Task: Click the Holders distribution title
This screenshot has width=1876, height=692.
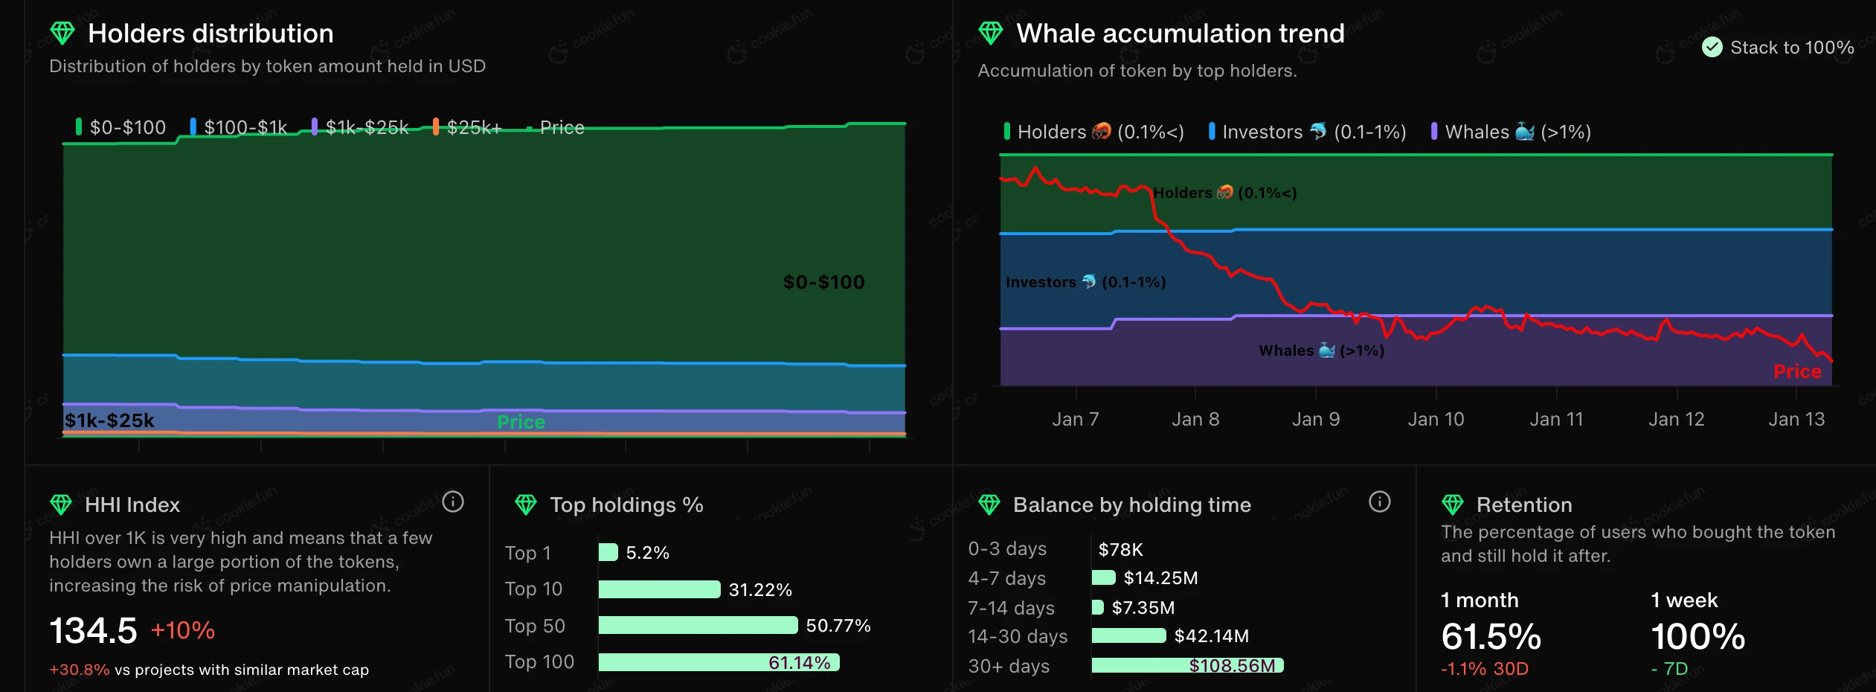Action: tap(211, 33)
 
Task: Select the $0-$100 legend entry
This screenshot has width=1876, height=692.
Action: tap(121, 127)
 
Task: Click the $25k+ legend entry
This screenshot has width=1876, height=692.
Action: tap(468, 127)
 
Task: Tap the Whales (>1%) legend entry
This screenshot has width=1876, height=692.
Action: tap(1511, 132)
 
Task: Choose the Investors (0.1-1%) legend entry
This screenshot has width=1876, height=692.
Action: tap(1307, 132)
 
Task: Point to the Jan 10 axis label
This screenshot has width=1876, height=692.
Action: tap(1436, 419)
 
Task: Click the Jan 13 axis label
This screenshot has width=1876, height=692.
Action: tap(1796, 419)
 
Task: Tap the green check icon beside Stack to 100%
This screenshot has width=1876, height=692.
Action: tap(1712, 48)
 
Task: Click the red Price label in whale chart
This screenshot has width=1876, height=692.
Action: tap(1796, 371)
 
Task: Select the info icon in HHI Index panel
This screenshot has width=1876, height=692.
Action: tap(453, 502)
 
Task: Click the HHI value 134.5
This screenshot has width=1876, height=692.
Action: tap(94, 631)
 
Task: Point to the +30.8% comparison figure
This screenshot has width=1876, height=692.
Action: tap(79, 670)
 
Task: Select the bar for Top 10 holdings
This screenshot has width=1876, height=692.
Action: tap(659, 589)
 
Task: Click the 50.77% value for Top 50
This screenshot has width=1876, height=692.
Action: tap(838, 626)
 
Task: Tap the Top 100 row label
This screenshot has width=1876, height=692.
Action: tap(539, 661)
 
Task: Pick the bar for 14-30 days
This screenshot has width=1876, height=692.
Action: tap(1128, 635)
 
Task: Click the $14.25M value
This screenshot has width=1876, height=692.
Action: tap(1160, 578)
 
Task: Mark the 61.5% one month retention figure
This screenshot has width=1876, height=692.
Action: tap(1491, 637)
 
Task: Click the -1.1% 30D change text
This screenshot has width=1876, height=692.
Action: tap(1484, 669)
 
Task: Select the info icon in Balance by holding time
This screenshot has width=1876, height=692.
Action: tap(1379, 502)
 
